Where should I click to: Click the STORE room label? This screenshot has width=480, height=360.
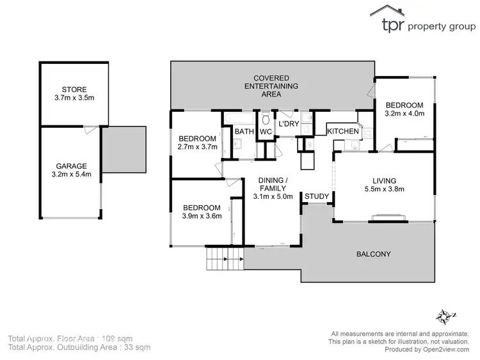coord(74,89)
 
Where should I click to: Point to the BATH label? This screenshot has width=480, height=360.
coord(244,132)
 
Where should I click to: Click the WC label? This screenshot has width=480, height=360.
coord(266,132)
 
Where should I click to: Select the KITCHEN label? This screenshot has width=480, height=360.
coord(343,131)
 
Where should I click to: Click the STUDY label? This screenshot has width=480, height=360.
coord(317,196)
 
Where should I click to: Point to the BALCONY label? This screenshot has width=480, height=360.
coord(373,254)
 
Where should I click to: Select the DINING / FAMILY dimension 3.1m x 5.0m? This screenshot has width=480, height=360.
coord(273,196)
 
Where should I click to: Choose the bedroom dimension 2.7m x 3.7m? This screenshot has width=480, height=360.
coord(198,147)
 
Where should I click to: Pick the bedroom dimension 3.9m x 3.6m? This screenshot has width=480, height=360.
coord(202,216)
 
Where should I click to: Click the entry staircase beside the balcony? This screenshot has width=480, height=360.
coord(224,260)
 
